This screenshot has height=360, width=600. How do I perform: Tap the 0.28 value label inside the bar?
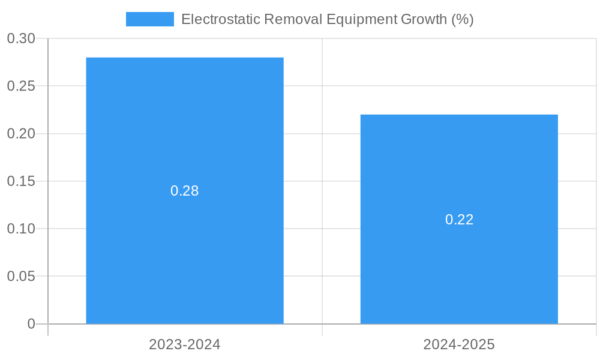(x=185, y=191)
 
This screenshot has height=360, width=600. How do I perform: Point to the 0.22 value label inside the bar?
(x=459, y=220)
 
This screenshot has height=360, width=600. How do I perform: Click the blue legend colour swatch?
(x=149, y=19)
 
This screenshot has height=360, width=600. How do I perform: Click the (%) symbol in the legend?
(x=463, y=19)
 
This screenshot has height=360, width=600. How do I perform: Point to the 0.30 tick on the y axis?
(x=21, y=38)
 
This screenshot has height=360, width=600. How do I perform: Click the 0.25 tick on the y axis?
(x=21, y=86)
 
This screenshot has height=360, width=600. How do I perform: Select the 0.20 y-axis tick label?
(x=21, y=133)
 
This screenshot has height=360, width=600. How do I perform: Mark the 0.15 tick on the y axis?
(x=21, y=181)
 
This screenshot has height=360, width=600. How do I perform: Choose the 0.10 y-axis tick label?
(x=21, y=229)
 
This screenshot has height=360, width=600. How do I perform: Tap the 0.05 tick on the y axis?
(x=21, y=276)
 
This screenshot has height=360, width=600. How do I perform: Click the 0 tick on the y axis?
(x=31, y=324)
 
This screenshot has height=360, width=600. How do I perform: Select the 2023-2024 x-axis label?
(x=185, y=344)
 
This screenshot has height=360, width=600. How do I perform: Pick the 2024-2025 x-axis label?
(x=459, y=344)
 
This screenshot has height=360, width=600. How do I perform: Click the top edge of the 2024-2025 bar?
(x=459, y=115)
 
